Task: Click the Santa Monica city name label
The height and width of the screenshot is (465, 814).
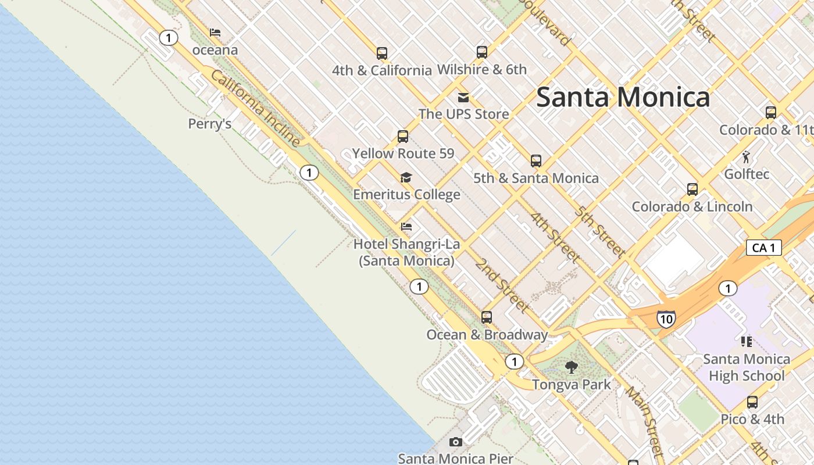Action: pyautogui.click(x=623, y=97)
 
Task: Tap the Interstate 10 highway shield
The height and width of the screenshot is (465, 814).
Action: pyautogui.click(x=666, y=319)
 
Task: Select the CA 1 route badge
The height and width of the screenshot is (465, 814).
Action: pyautogui.click(x=763, y=248)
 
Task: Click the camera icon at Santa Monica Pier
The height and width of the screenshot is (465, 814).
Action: pyautogui.click(x=456, y=442)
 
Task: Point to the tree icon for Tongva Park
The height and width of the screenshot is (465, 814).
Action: pyautogui.click(x=572, y=367)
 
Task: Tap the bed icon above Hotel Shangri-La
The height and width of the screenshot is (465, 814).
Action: pyautogui.click(x=406, y=226)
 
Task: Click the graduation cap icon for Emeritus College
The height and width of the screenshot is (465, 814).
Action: pyautogui.click(x=406, y=177)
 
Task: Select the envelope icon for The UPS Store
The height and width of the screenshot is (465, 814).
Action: pyautogui.click(x=463, y=97)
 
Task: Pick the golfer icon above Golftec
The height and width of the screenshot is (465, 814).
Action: pyautogui.click(x=746, y=156)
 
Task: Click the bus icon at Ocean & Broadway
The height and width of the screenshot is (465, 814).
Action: pyautogui.click(x=487, y=317)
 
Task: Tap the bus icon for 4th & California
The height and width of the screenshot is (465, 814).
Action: pyautogui.click(x=382, y=53)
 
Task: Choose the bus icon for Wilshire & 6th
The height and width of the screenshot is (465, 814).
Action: pyautogui.click(x=482, y=52)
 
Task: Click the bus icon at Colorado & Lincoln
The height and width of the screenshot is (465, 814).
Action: pyautogui.click(x=692, y=189)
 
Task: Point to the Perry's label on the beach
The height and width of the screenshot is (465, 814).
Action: pyautogui.click(x=210, y=124)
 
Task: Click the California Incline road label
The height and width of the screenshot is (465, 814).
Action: pyautogui.click(x=255, y=109)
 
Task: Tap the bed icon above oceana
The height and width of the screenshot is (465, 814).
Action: pyautogui.click(x=215, y=33)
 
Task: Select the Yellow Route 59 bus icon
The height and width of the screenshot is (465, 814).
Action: pyautogui.click(x=403, y=137)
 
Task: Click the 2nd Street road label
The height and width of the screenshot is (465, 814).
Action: pyautogui.click(x=502, y=285)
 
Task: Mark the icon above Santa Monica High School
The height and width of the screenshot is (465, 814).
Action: pyautogui.click(x=747, y=341)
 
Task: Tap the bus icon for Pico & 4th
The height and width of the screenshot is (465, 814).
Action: pyautogui.click(x=752, y=402)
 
